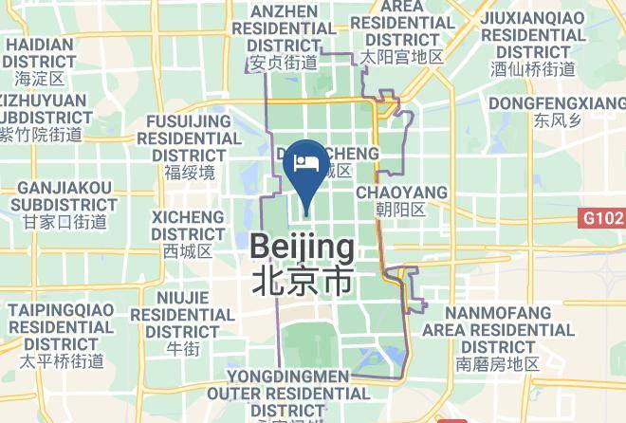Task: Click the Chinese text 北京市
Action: [x=302, y=281]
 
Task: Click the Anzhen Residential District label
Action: [x=283, y=28]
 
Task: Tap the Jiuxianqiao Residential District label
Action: [x=532, y=33]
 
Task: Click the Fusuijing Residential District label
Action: [x=190, y=138]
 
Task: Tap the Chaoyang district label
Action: [x=400, y=193]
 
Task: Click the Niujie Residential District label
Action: [x=182, y=314]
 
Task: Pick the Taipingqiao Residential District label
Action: [x=62, y=326]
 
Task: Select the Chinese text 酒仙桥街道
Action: [x=532, y=68]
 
